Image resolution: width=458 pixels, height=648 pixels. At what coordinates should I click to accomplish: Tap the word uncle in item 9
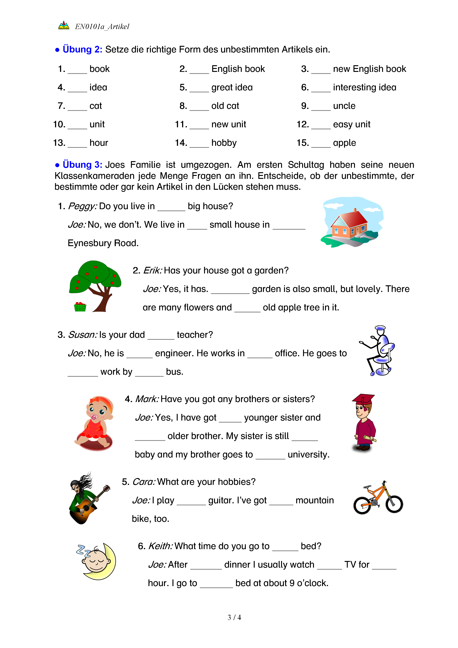[x=344, y=106]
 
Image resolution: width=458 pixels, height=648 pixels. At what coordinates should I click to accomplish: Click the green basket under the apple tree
[x=80, y=307]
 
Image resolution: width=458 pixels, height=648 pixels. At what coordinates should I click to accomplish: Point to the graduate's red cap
[x=363, y=399]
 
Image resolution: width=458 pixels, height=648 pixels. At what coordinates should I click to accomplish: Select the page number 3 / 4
[x=234, y=618]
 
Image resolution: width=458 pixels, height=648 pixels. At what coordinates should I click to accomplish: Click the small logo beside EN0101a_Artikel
[x=64, y=26]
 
